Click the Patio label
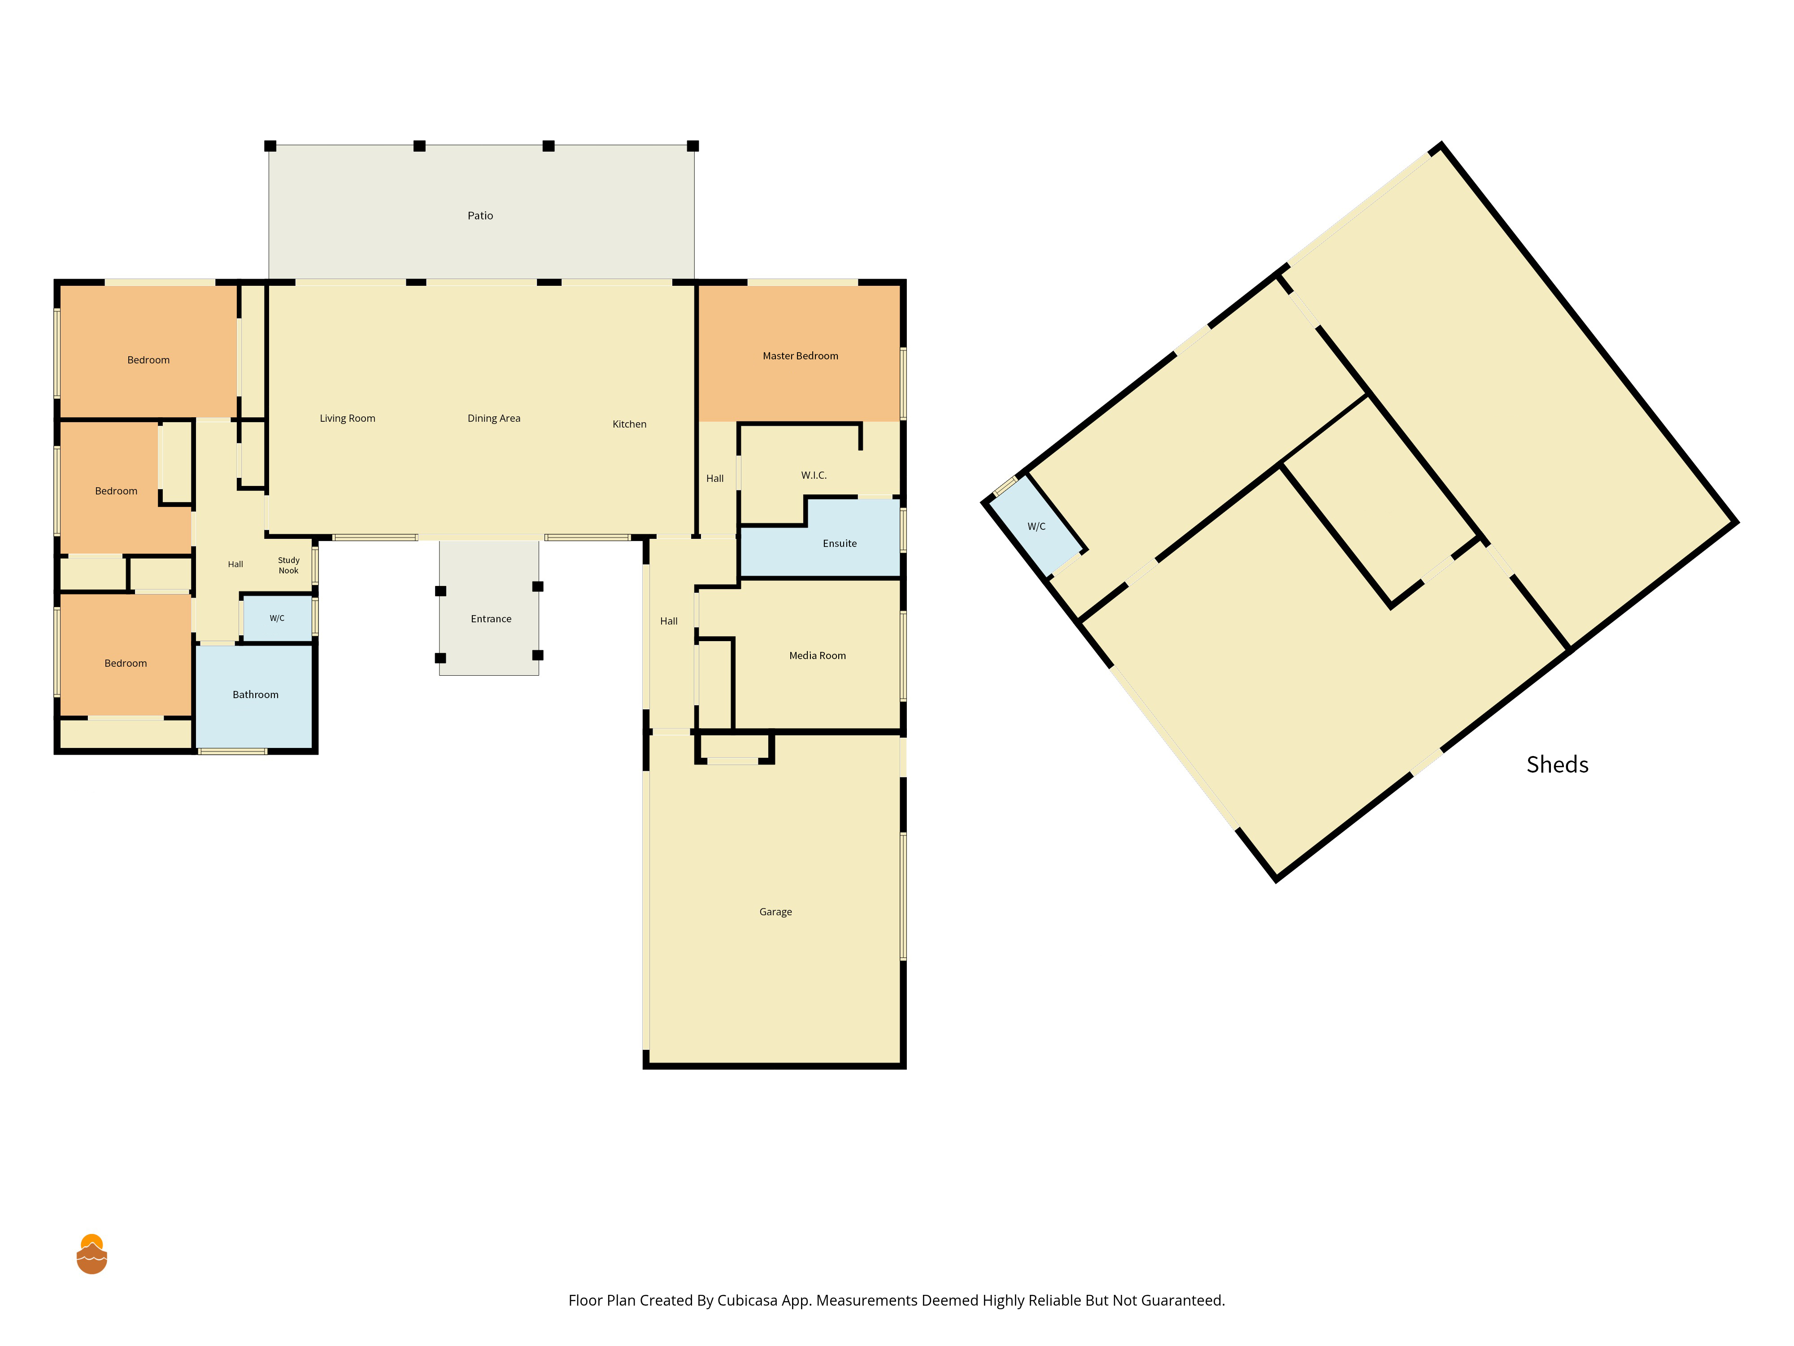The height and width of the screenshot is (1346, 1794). tap(480, 216)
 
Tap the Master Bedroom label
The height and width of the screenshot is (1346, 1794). tap(801, 356)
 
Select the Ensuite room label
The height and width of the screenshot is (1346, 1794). tap(840, 544)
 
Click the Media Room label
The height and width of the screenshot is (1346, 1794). tap(818, 656)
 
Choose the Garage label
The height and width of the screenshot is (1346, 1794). tap(775, 912)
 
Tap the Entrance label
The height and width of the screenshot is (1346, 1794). tap(491, 619)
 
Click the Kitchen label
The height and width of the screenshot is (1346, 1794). tap(629, 424)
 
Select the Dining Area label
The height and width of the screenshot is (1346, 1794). tap(494, 419)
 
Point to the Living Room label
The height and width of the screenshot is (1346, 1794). tap(347, 419)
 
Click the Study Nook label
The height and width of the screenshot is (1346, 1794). tap(289, 565)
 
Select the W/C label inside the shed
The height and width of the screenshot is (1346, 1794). tap(1036, 527)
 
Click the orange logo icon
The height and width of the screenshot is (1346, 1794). tap(91, 1254)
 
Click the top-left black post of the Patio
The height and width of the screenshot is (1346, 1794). tap(270, 146)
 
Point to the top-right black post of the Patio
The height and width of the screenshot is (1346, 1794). tap(692, 146)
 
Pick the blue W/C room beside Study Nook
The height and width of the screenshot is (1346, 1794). tap(277, 618)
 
